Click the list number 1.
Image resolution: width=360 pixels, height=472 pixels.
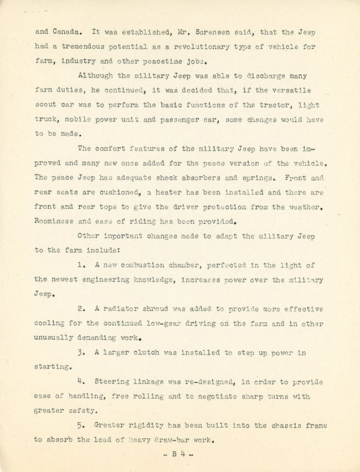point(81,265)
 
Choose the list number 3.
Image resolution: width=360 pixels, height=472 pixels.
point(81,353)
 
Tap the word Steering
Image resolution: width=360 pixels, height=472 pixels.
point(112,382)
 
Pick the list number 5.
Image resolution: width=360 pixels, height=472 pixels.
point(81,425)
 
